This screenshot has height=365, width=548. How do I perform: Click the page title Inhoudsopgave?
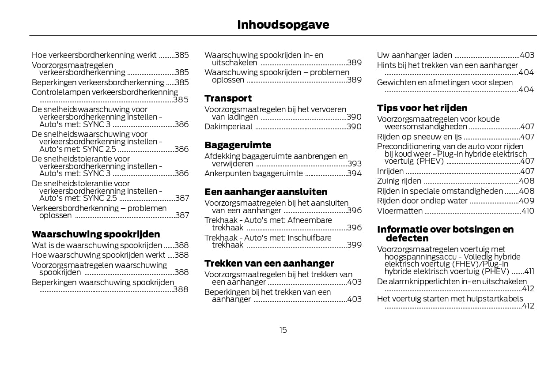(283, 25)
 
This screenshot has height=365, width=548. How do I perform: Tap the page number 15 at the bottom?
(283, 330)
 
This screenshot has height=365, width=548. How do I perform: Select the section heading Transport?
(228, 98)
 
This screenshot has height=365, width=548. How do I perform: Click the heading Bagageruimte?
(238, 145)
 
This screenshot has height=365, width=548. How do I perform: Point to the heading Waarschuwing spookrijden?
(96, 234)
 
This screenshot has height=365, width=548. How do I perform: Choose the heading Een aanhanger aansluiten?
(266, 192)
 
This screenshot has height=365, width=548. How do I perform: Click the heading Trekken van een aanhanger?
(269, 263)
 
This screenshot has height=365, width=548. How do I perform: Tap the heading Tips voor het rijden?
(422, 108)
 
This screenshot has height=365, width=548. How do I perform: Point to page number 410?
(528, 211)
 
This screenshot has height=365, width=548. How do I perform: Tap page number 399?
(354, 245)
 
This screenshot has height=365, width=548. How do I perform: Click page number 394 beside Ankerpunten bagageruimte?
(354, 174)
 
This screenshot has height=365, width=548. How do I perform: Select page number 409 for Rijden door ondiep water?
(527, 201)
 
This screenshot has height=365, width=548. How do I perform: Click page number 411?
(529, 271)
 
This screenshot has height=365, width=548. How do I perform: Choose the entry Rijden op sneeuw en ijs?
(419, 137)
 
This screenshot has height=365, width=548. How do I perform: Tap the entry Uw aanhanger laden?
(414, 55)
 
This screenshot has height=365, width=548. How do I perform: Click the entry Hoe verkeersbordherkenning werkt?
(94, 55)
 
